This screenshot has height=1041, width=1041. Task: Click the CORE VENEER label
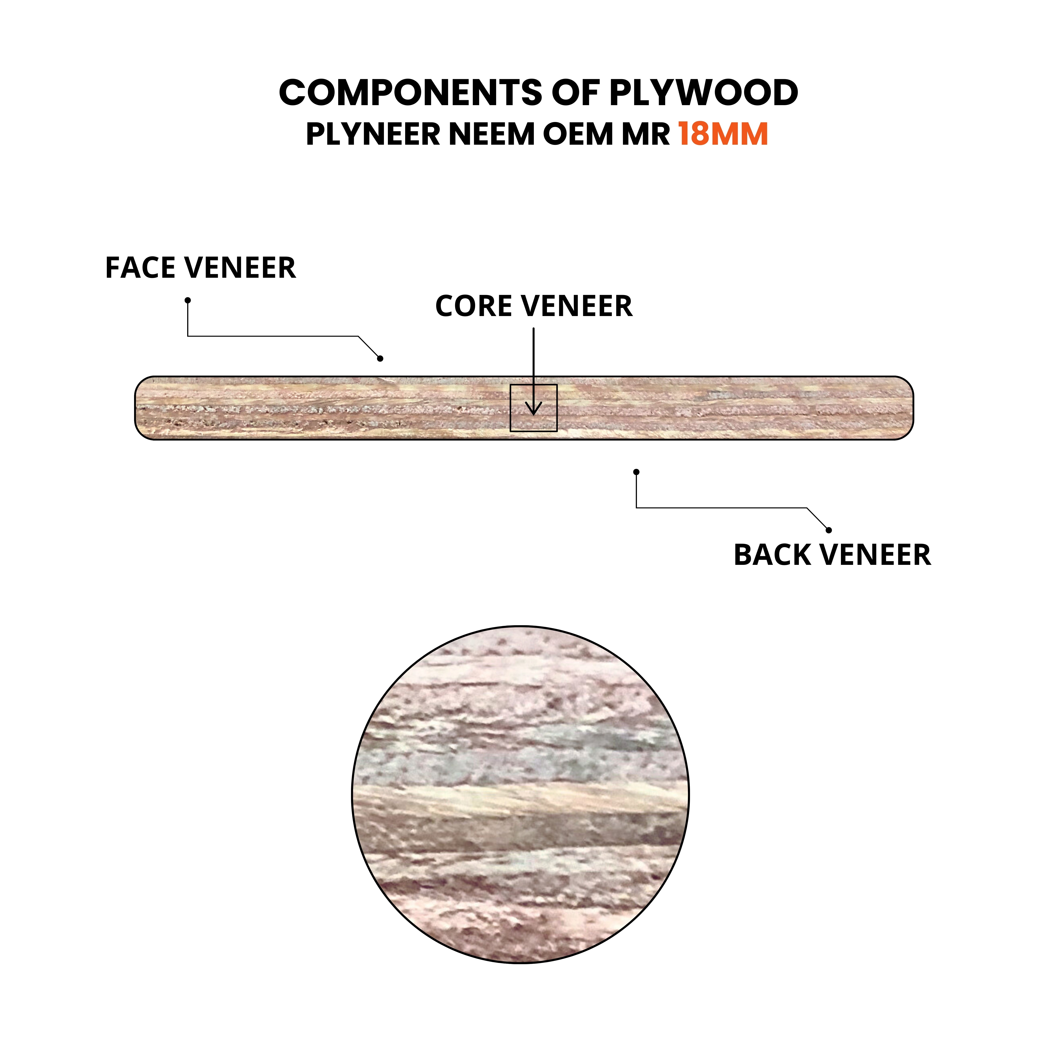(x=533, y=306)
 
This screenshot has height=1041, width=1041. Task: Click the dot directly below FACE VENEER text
(x=188, y=300)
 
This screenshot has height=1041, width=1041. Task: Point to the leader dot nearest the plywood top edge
(x=380, y=358)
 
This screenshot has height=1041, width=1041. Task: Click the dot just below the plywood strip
(x=636, y=472)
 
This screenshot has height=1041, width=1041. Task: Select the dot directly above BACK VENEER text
(x=829, y=530)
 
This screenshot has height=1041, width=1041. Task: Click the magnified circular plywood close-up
(x=520, y=794)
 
